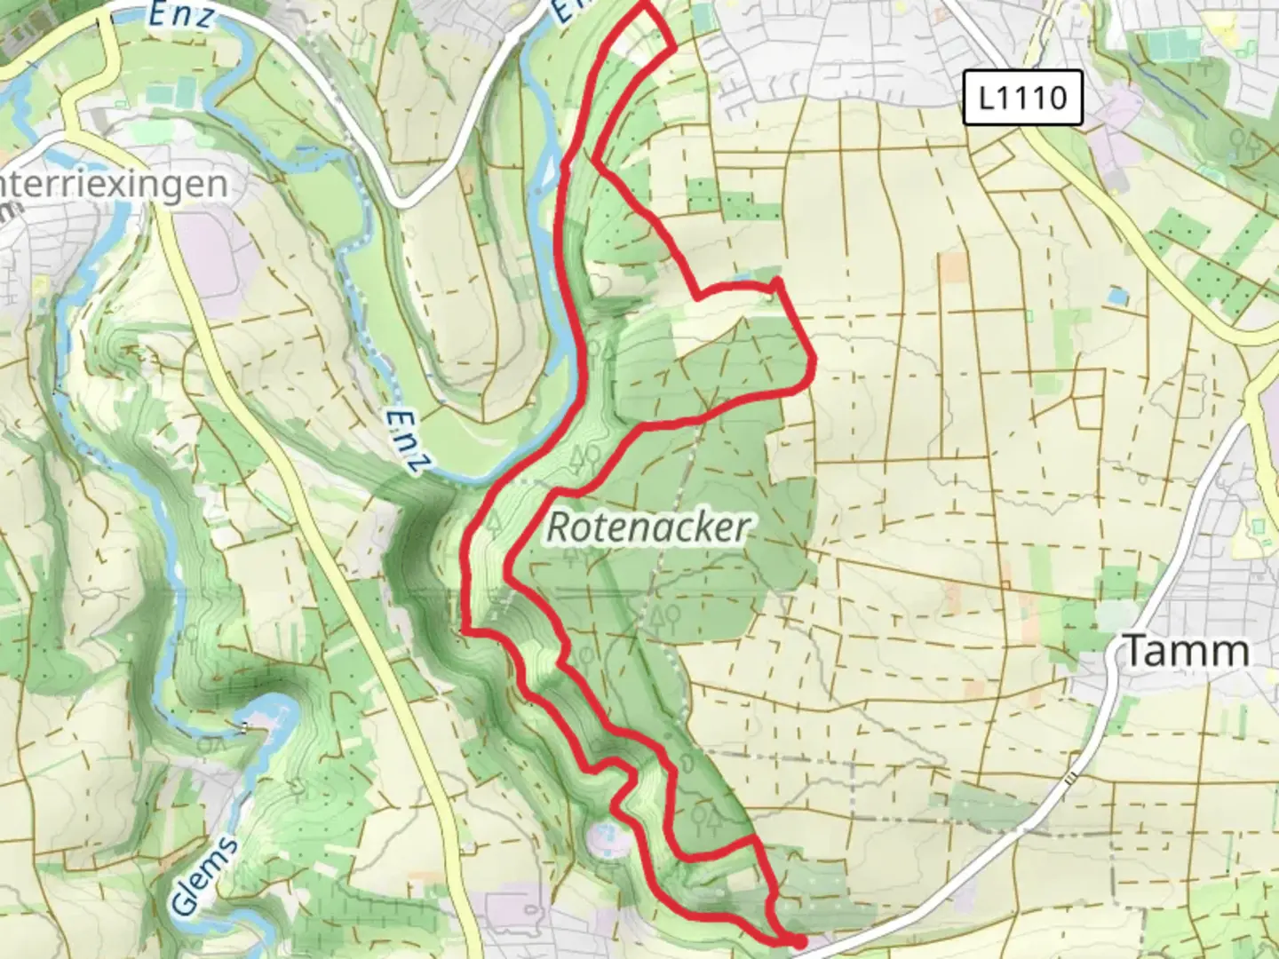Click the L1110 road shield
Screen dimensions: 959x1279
1023,97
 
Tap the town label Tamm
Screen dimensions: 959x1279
1187,651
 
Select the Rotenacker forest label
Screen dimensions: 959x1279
647,527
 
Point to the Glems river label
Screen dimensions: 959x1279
204,876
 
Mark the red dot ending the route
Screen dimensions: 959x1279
799,941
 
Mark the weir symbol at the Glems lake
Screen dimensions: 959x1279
244,728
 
